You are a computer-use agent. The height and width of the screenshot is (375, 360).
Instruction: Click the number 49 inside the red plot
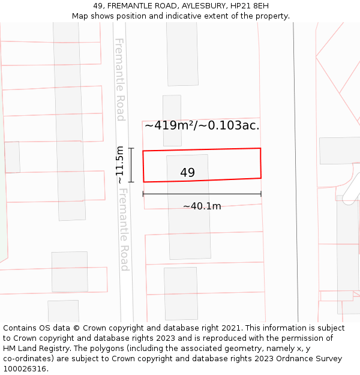(187, 173)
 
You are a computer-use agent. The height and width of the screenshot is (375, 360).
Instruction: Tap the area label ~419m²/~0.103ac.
(202, 125)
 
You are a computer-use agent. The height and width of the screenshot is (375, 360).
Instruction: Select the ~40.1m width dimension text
(202, 206)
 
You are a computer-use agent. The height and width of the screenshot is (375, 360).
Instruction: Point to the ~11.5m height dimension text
(120, 164)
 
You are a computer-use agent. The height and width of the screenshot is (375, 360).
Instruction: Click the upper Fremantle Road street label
(120, 79)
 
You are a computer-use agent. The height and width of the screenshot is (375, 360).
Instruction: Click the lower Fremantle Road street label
(124, 229)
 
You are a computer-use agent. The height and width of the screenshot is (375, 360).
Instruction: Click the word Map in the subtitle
(80, 16)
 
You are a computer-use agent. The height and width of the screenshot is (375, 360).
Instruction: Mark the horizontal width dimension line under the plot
(202, 194)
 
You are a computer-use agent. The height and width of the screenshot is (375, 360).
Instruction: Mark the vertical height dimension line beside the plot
(131, 164)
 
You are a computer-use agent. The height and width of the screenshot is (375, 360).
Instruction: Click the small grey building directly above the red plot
(172, 120)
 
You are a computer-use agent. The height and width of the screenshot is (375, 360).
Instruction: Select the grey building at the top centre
(182, 54)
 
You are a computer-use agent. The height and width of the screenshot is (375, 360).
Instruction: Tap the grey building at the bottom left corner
(63, 311)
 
